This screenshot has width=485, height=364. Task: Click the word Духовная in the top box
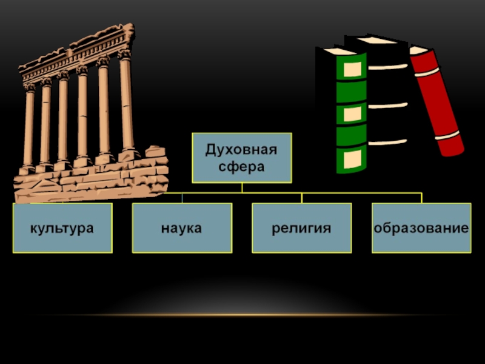point(241,150)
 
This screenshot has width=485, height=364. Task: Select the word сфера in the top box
point(241,166)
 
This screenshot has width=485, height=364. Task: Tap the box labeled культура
point(62,228)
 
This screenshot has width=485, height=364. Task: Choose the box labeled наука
point(182,228)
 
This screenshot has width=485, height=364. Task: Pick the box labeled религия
point(301,228)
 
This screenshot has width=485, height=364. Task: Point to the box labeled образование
point(421,228)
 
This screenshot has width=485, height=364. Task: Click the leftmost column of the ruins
point(28,127)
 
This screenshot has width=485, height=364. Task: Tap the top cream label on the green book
point(352,69)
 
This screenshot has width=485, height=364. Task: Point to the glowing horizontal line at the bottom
point(242,315)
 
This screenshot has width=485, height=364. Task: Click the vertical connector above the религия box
point(301,198)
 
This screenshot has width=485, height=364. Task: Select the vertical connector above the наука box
point(182,198)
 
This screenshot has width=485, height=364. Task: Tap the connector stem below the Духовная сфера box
point(241,187)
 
